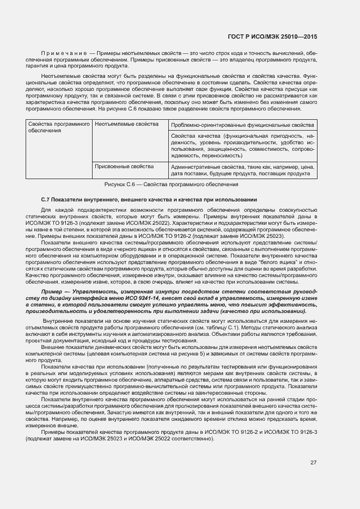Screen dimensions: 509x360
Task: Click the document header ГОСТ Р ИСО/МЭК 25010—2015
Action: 273,37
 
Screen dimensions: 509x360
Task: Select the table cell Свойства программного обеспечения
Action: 58,127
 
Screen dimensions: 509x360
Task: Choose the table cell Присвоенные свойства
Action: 124,166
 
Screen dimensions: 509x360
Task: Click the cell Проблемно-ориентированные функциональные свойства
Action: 242,125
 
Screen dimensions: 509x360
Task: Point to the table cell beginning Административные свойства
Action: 242,170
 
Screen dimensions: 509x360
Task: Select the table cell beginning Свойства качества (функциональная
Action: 242,145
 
